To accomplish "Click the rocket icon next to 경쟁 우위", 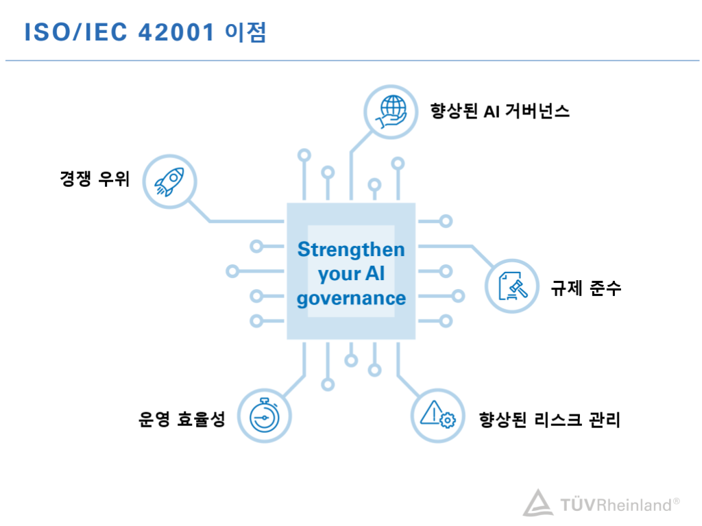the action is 169,181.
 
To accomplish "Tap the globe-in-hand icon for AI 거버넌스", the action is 391,112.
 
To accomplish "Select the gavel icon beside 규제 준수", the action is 512,286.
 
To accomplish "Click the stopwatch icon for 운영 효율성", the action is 264,416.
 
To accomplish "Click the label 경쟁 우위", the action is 95,179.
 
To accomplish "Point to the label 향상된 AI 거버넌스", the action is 500,111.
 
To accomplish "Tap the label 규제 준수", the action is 585,288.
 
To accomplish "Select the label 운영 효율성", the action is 181,419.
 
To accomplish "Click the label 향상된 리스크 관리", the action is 549,420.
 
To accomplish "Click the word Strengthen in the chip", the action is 351,249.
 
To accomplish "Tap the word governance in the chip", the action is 351,299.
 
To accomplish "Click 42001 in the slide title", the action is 176,32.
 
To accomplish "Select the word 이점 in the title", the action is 245,32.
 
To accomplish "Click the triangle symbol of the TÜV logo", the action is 538,503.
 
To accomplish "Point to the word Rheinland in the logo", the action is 634,505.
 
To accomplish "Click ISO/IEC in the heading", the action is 75,32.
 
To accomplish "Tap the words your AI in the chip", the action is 351,274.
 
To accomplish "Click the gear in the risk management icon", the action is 447,420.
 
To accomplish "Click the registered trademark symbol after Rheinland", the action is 676,501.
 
